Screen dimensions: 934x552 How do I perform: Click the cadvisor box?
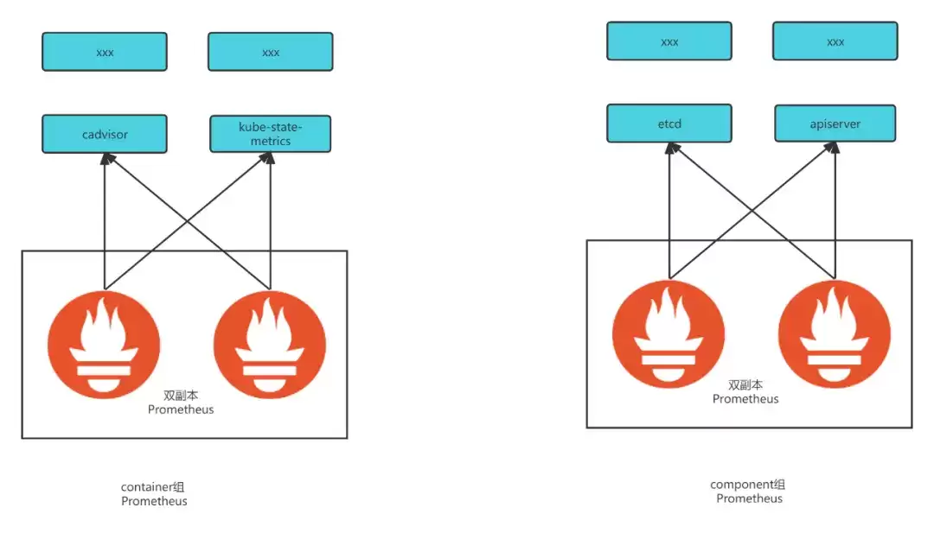(x=105, y=134)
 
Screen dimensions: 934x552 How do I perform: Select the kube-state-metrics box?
(x=271, y=134)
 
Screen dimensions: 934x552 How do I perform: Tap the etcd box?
(x=669, y=124)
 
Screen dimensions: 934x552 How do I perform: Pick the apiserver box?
(x=835, y=124)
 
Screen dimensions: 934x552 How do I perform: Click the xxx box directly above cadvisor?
(x=105, y=52)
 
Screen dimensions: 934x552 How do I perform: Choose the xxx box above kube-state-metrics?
(x=271, y=52)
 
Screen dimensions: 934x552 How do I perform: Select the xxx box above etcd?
(x=669, y=41)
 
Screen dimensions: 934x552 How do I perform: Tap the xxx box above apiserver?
(x=835, y=41)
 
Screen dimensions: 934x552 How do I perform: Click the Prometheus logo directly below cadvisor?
(x=105, y=345)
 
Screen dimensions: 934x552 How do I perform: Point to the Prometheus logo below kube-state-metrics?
(x=270, y=345)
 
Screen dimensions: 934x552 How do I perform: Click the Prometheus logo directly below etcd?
(x=669, y=333)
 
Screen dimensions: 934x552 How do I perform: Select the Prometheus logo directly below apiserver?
(x=835, y=333)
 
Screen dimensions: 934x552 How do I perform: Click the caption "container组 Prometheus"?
(x=154, y=494)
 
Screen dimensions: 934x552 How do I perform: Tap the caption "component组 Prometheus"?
(x=748, y=492)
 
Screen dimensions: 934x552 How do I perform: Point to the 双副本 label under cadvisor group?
(x=181, y=396)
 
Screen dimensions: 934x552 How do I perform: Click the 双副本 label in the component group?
(x=745, y=385)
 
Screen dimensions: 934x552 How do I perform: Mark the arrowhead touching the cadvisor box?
(x=107, y=159)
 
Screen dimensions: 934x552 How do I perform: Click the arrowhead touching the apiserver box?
(x=834, y=148)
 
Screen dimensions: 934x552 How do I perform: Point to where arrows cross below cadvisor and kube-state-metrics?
(x=188, y=222)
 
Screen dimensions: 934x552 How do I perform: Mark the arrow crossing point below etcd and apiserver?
(x=752, y=211)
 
